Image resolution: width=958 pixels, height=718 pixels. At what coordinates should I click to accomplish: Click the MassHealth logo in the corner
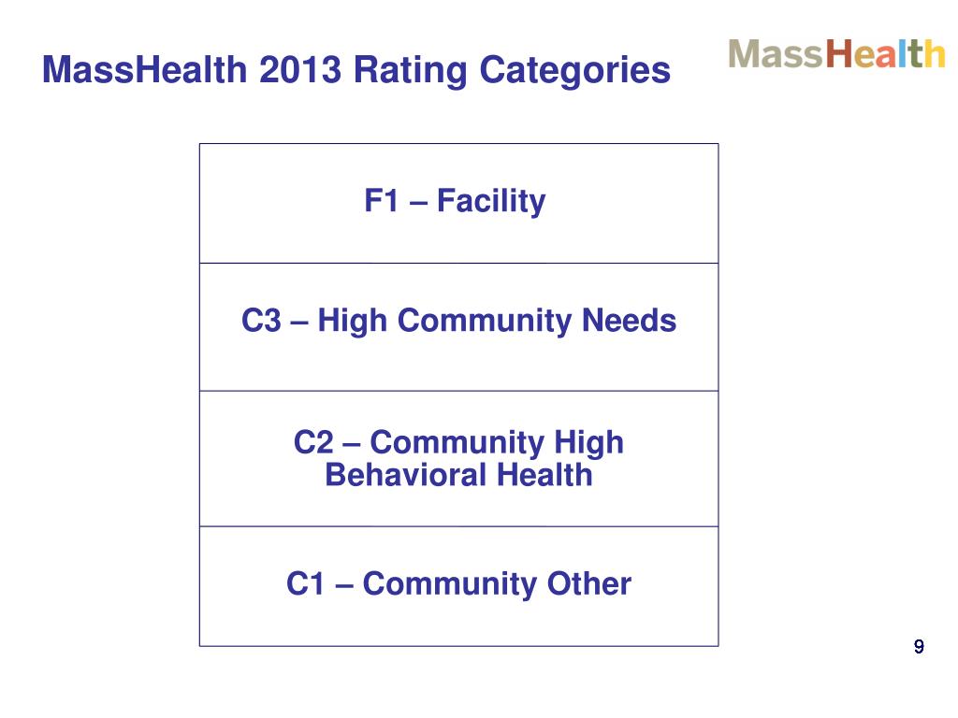[836, 53]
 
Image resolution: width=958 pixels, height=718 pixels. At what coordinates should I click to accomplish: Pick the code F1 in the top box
[382, 201]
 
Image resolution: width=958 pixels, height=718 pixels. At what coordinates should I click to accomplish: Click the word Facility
[491, 201]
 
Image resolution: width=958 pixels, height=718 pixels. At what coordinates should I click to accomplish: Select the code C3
[260, 322]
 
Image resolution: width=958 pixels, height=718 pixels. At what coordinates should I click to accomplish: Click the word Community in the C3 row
[480, 322]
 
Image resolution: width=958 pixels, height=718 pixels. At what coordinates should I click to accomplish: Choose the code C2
[312, 442]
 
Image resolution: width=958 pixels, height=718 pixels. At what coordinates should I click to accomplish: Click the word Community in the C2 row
[444, 442]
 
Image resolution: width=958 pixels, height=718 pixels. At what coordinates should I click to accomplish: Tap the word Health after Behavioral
[544, 475]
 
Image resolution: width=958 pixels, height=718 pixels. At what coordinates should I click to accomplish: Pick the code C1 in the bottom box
[305, 584]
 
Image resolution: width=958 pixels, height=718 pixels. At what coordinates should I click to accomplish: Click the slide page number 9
[919, 646]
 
